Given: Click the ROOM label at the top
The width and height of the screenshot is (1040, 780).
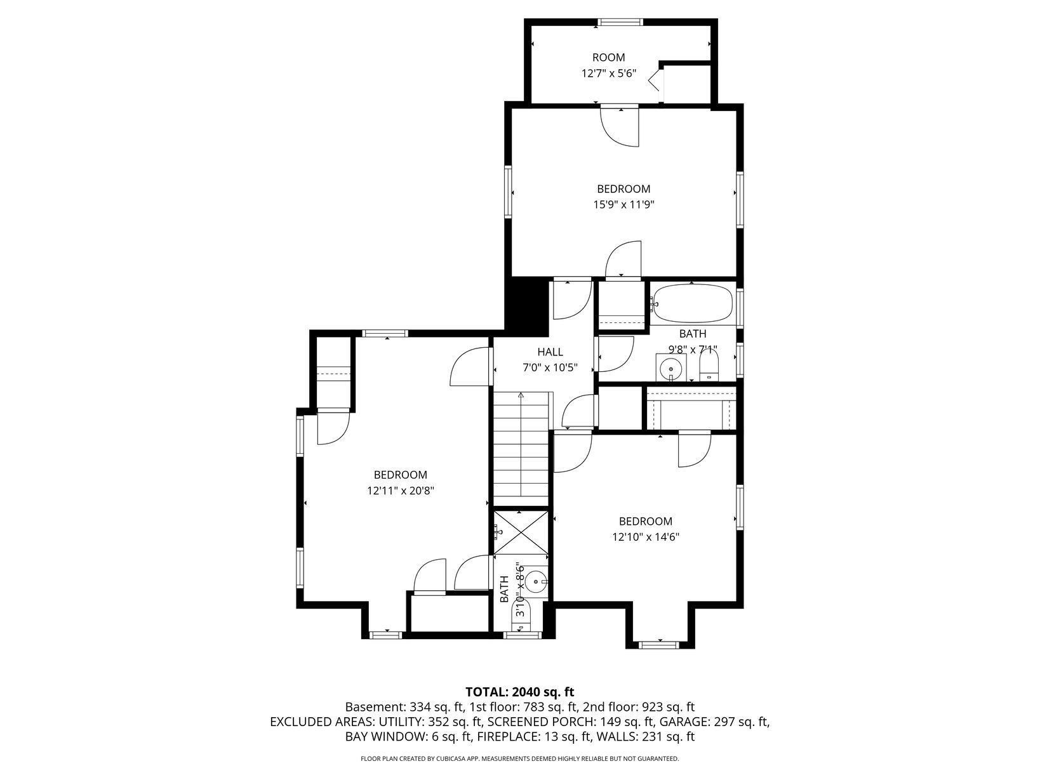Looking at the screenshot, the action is [608, 58].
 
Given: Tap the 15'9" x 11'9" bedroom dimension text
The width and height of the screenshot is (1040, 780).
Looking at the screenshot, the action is [623, 205].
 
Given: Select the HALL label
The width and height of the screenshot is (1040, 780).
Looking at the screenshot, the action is [550, 352].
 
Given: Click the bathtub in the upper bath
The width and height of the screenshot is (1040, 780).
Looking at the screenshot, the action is [692, 304].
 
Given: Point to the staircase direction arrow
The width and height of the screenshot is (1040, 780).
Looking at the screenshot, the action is [521, 444].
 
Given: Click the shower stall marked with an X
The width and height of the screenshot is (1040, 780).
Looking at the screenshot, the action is [521, 532].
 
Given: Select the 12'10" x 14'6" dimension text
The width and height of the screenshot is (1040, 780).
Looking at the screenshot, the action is [646, 537].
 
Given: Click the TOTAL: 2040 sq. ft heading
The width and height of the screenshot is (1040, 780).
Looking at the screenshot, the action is [520, 692].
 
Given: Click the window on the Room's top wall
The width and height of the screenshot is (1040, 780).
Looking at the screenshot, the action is [620, 22].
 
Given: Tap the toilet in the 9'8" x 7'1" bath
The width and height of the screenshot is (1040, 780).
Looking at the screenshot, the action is [709, 367].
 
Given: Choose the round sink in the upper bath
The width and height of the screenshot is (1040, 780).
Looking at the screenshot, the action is [671, 367].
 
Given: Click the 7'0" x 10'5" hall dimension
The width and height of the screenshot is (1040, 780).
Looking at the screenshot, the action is [550, 367].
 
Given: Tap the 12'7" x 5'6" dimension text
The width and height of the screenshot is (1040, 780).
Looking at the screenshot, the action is [609, 74].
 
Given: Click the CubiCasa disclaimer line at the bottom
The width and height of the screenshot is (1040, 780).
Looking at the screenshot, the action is [520, 759].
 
